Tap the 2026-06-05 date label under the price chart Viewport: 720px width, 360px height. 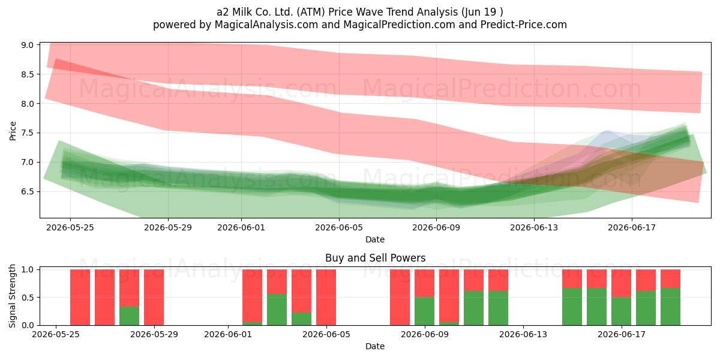(x=339, y=227)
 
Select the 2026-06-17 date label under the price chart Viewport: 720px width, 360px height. (x=632, y=227)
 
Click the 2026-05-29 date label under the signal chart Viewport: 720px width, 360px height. (x=154, y=334)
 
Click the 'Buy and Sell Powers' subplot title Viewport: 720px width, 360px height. (x=375, y=258)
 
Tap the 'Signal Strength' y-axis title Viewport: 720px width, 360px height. (x=12, y=296)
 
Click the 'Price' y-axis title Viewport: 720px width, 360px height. (x=13, y=131)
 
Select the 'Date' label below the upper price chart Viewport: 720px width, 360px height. (x=375, y=239)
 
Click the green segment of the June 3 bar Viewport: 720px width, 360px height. (x=277, y=310)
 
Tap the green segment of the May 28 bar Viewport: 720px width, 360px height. (x=129, y=316)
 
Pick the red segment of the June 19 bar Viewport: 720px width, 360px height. (x=670, y=278)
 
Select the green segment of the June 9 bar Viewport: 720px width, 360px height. (x=424, y=311)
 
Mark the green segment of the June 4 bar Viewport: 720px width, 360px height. (x=301, y=319)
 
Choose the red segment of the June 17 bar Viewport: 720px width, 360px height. (x=621, y=283)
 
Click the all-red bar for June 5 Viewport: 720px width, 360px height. (x=326, y=298)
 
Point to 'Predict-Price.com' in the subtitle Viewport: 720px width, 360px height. (x=524, y=25)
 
